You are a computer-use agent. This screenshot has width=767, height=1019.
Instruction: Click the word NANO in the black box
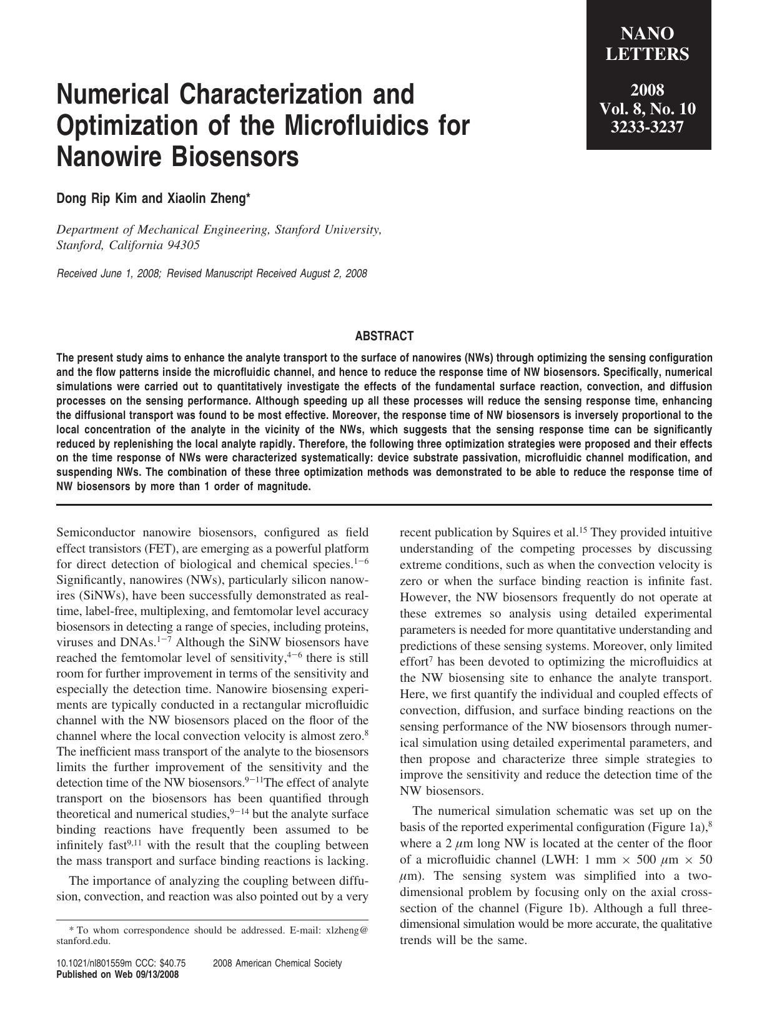648,34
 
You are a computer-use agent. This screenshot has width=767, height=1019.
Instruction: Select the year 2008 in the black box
648,89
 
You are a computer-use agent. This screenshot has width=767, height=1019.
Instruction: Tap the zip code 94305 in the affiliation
184,245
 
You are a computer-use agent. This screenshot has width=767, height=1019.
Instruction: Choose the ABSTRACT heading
384,337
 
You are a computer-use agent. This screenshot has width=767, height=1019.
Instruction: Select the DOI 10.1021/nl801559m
98,963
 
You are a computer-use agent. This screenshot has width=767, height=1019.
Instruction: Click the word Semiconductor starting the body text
95,533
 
